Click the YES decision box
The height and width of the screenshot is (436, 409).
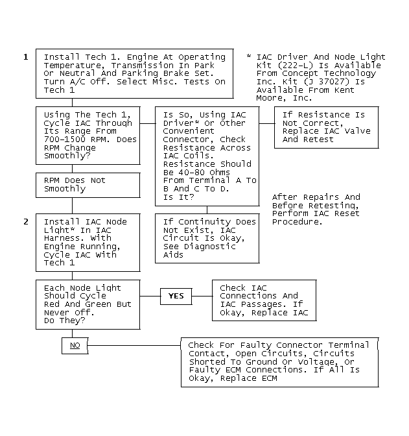[x=176, y=296]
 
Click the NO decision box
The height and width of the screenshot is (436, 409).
[x=75, y=346]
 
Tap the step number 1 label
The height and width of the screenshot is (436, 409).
[x=26, y=57]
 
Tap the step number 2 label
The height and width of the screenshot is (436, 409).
[x=26, y=222]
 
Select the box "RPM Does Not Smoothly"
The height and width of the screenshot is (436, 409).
[x=88, y=185]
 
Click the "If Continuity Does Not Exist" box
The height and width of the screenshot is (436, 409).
[x=207, y=238]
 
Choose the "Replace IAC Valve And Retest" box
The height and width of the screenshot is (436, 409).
[x=326, y=127]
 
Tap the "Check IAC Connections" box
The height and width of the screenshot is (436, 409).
[x=264, y=300]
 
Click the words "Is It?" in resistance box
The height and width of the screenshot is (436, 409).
[x=179, y=197]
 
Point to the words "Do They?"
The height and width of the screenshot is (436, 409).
[x=64, y=321]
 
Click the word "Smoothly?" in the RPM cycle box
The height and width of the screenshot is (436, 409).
[x=67, y=156]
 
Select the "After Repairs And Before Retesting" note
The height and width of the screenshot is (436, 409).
[x=316, y=210]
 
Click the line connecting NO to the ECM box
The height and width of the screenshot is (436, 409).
[x=134, y=346]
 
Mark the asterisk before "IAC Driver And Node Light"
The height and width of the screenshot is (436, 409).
[x=249, y=56]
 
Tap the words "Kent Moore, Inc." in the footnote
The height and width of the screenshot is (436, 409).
[x=305, y=94]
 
